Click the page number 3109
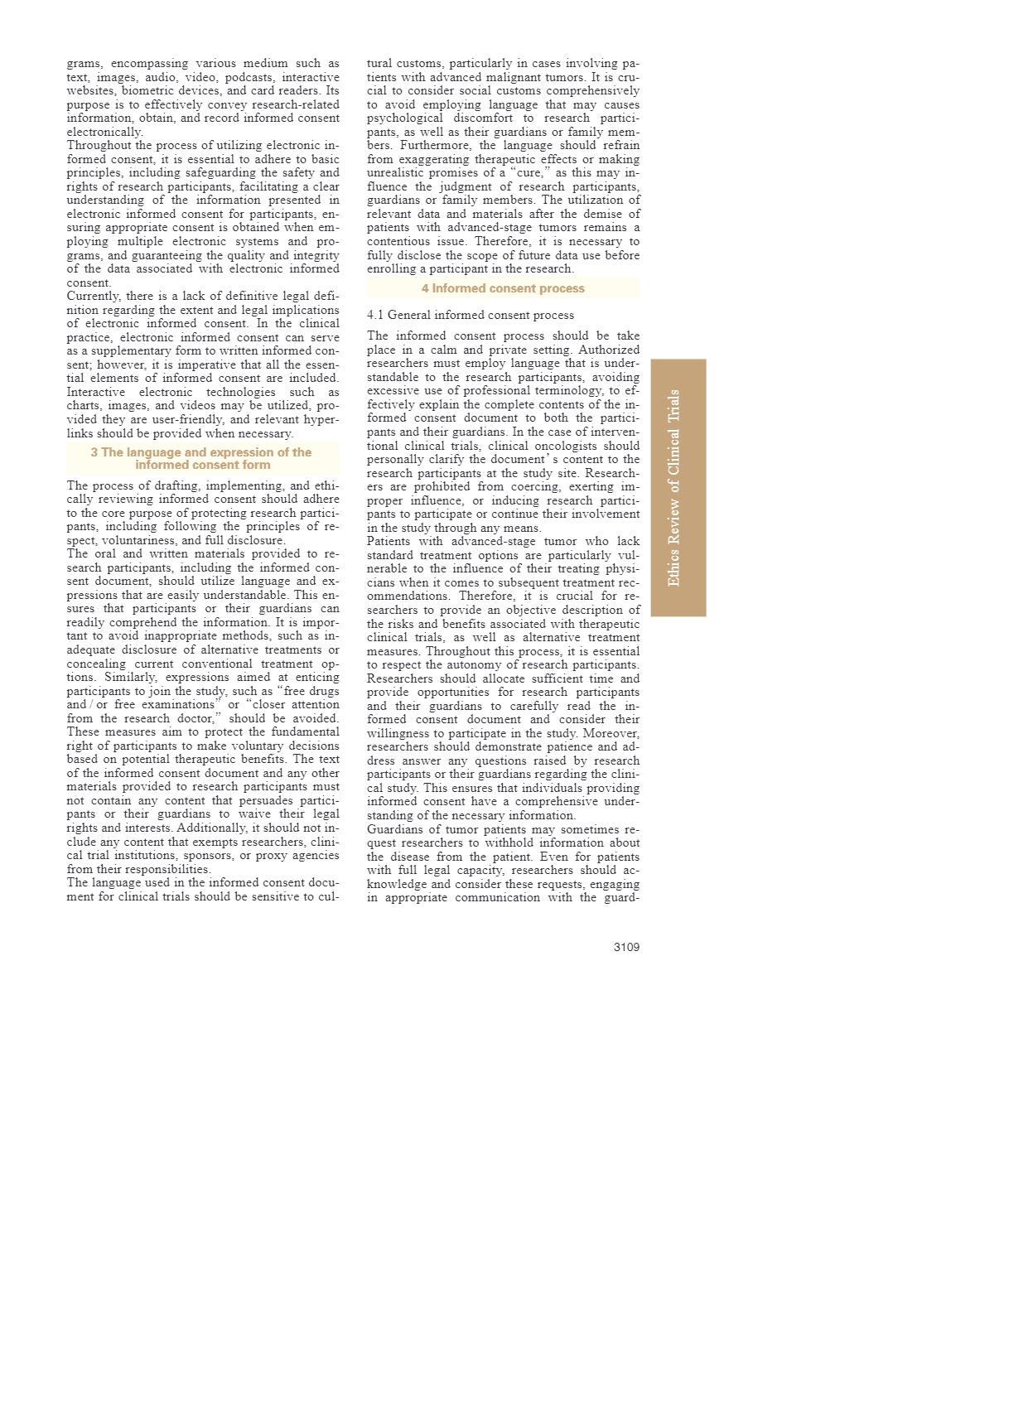tap(626, 947)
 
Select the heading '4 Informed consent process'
tap(503, 288)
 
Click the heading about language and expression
tap(202, 458)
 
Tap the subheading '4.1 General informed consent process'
tap(471, 315)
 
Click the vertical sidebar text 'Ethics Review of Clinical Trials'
tap(675, 487)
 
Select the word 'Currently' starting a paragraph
tap(94, 296)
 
